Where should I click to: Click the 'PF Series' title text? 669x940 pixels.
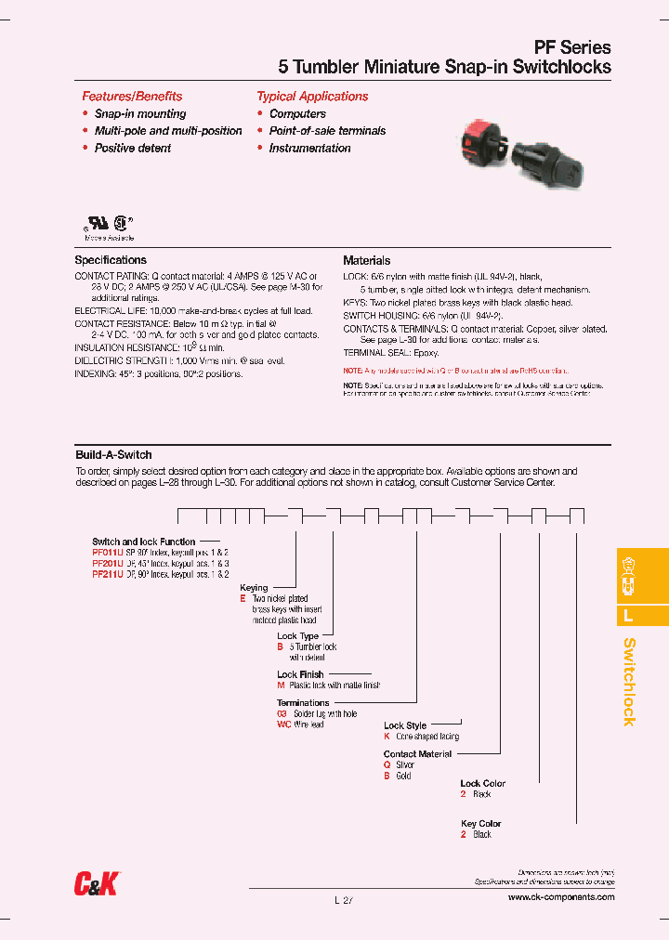[571, 47]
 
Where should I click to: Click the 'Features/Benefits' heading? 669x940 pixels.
[132, 97]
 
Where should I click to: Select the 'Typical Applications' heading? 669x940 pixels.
[312, 97]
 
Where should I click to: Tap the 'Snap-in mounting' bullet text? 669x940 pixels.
[140, 113]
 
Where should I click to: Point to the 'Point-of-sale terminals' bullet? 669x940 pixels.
[327, 131]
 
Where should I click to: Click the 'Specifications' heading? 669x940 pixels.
[111, 260]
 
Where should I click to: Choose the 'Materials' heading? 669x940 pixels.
[366, 261]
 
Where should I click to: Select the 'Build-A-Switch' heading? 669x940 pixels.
[113, 455]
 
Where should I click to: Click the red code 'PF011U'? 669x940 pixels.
[107, 552]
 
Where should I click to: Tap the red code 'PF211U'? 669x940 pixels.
[107, 574]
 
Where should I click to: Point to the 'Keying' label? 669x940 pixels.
[254, 588]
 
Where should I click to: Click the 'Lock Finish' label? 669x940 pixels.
[300, 675]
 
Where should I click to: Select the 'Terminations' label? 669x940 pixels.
[303, 703]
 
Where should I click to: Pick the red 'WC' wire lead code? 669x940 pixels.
[284, 725]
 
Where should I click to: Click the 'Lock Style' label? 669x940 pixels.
[405, 725]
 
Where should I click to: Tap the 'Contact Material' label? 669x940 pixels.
[417, 754]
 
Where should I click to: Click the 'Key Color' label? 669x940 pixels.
[480, 824]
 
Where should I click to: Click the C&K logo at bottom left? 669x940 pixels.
[97, 885]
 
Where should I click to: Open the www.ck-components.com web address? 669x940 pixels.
[561, 897]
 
